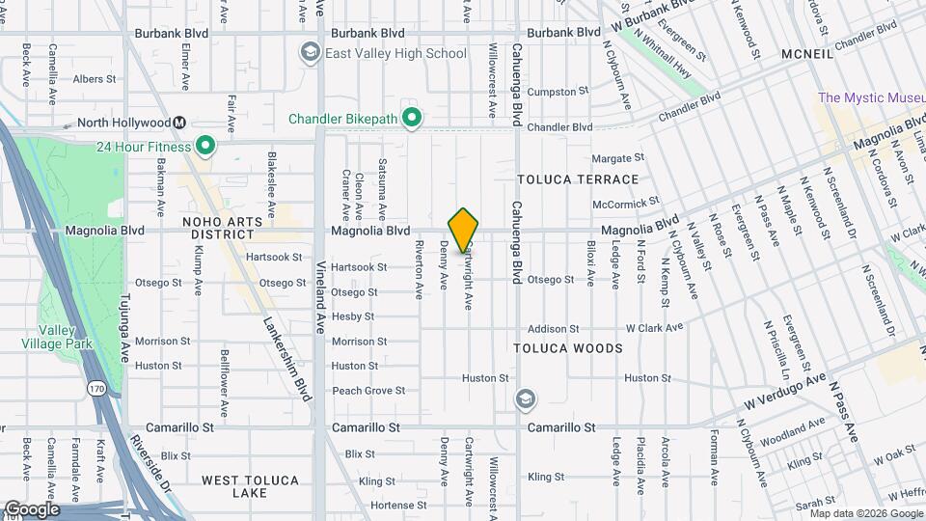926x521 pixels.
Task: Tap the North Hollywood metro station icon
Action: [179, 123]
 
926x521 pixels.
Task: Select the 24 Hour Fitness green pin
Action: [204, 147]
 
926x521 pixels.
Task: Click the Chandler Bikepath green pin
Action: [412, 119]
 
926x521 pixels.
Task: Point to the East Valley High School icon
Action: [311, 53]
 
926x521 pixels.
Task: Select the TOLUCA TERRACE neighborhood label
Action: [578, 179]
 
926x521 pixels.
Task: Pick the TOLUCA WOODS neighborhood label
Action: [567, 347]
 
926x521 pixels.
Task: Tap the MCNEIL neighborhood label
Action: [806, 54]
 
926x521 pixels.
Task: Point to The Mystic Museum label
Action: [871, 96]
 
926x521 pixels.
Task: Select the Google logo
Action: [32, 508]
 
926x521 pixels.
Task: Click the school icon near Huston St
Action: [526, 398]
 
